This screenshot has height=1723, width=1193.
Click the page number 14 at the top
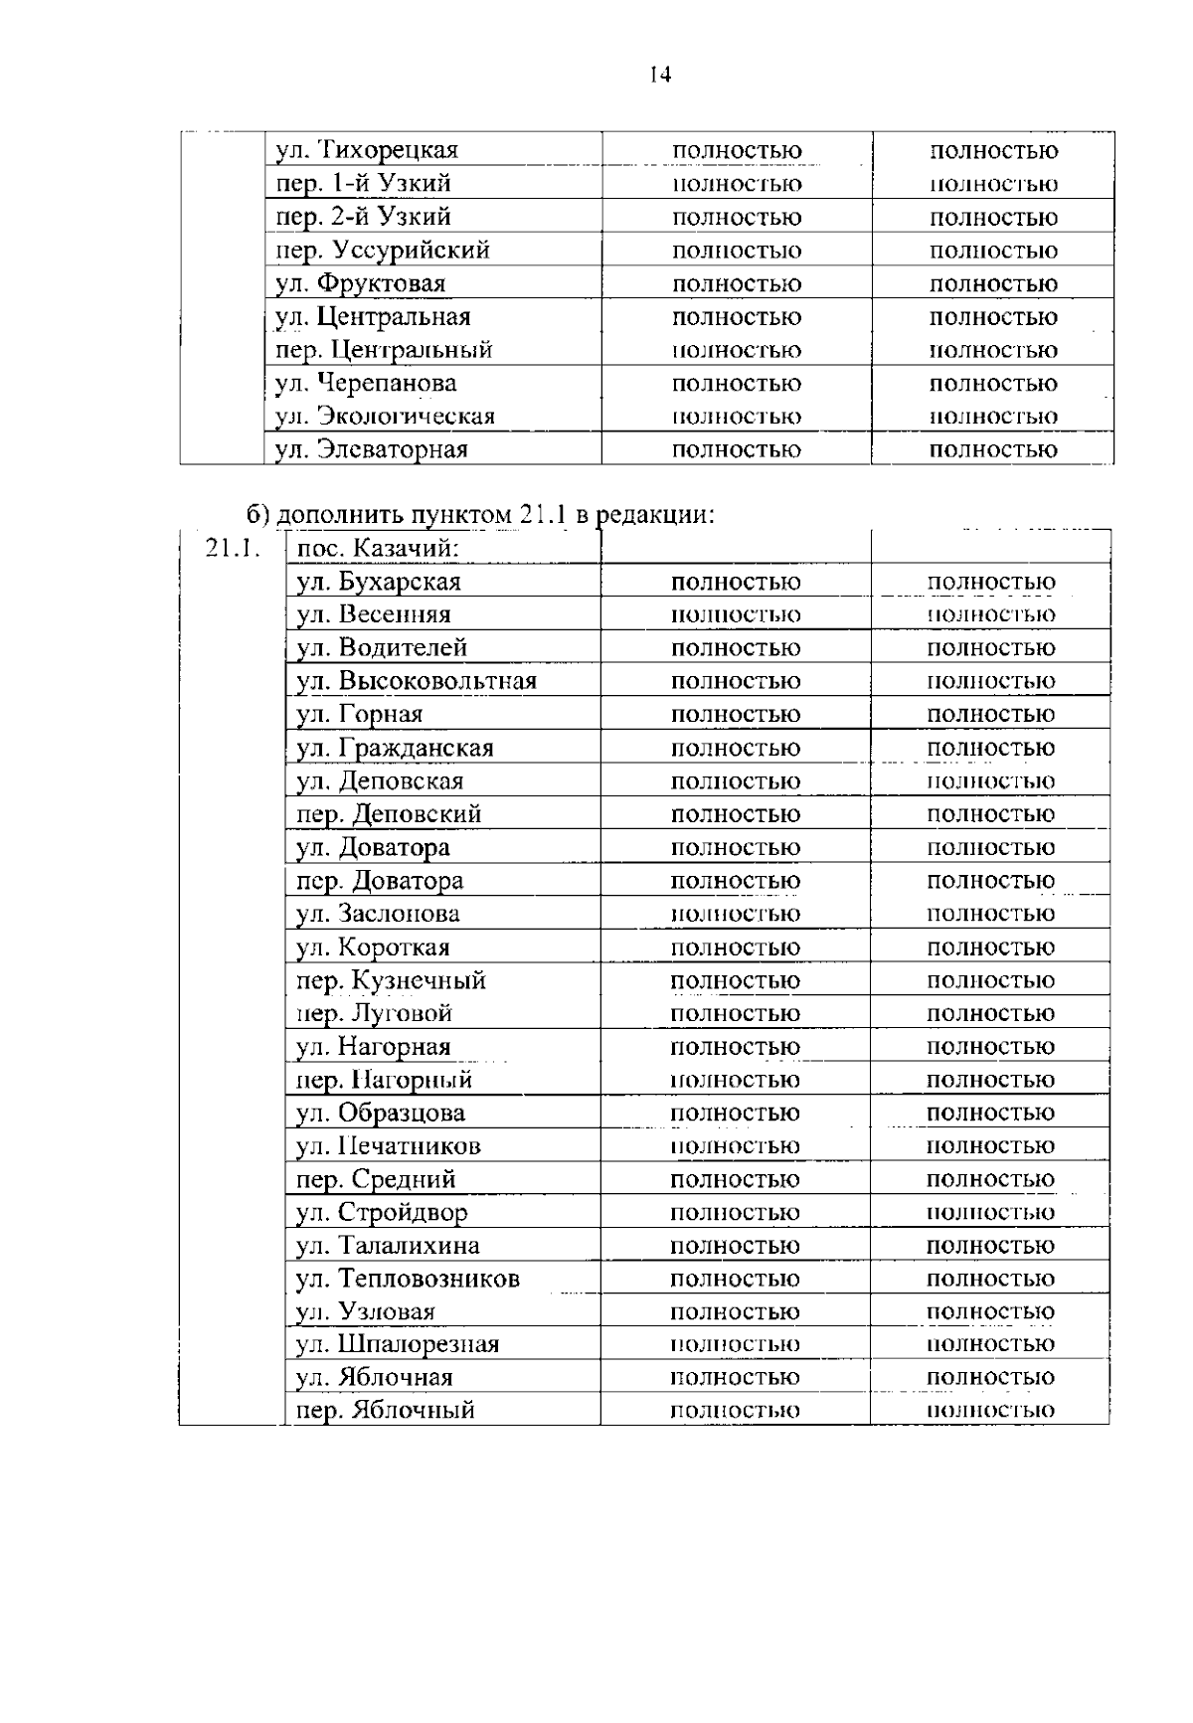pos(659,75)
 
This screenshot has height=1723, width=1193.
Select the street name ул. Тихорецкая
pos(366,151)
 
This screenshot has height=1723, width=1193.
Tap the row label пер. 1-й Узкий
pos(363,184)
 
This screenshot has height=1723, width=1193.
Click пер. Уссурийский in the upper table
pos(382,251)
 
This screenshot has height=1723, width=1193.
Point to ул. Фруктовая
pos(360,284)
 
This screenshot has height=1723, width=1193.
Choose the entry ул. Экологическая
pos(385,417)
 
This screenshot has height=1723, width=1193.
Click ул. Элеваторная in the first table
pos(371,449)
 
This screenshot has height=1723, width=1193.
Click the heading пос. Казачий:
pos(377,549)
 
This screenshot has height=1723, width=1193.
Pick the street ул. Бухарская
pos(379,583)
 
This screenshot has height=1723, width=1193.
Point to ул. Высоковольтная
pos(417,682)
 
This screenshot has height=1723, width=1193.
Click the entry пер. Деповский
pos(389,814)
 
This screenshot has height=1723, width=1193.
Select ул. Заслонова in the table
pos(378,914)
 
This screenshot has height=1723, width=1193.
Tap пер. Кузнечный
pos(391,980)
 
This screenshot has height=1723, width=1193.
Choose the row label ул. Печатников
pos(389,1146)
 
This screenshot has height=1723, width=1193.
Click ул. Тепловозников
pos(408,1279)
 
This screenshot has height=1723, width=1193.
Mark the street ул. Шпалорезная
pos(398,1345)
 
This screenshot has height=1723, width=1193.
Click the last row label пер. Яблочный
pos(386,1411)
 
